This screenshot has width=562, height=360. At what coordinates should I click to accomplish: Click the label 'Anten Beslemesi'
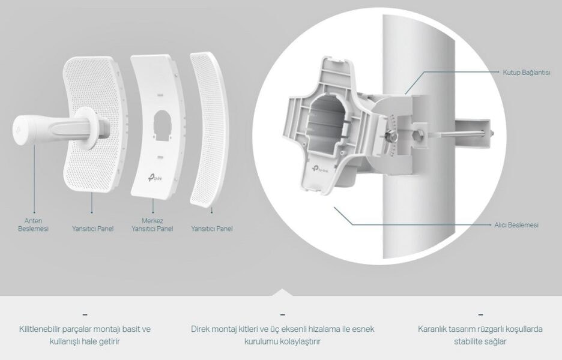[x=33, y=224]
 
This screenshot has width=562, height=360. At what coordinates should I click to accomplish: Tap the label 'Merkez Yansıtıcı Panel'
[x=153, y=224]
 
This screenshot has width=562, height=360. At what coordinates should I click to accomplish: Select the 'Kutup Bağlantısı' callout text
[x=527, y=73]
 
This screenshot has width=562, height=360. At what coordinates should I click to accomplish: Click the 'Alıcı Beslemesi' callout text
[x=516, y=225]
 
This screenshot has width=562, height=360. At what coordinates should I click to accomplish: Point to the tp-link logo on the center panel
[x=155, y=177]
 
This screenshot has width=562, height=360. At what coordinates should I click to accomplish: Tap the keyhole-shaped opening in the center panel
[x=162, y=125]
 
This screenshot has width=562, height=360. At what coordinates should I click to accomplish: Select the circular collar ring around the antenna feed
[x=86, y=128]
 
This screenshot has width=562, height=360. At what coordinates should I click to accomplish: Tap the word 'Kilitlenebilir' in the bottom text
[x=40, y=329]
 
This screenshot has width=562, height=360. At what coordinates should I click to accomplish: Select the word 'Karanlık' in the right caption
[x=431, y=329]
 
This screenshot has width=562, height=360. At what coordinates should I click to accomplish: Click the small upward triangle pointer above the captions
[x=282, y=292]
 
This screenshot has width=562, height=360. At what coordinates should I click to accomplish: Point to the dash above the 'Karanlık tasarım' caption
[x=480, y=314]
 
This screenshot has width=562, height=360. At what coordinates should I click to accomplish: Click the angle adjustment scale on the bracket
[x=393, y=136]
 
